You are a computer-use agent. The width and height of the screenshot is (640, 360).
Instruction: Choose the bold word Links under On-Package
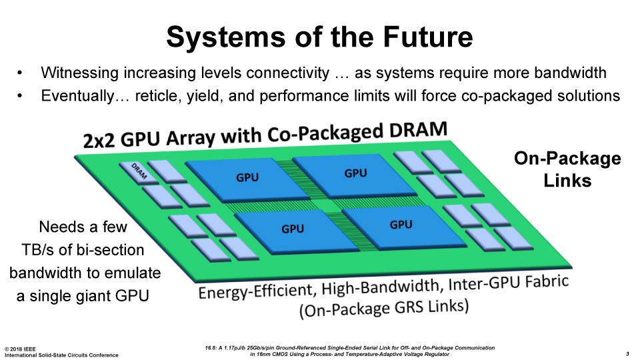click(567, 181)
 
